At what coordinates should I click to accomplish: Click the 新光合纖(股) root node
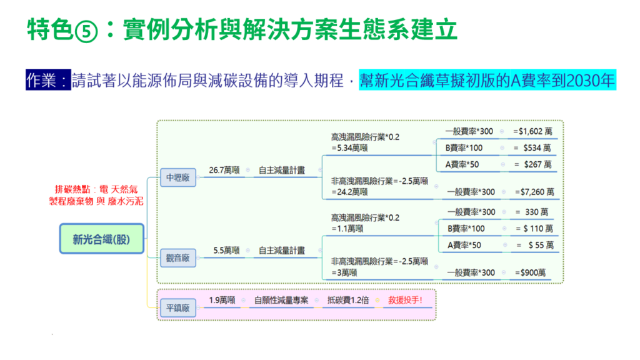point(102,239)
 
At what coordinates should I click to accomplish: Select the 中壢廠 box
point(178,177)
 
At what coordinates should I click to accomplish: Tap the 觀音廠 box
point(178,258)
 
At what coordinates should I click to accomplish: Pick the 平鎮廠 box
point(178,307)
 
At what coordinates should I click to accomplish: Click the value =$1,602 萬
point(532,131)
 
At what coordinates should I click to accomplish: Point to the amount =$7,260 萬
point(534,192)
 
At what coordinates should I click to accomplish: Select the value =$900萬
point(530,272)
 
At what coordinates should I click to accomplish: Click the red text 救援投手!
point(405,301)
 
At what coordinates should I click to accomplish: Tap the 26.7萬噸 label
point(224,170)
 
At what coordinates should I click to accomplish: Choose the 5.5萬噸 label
point(226,251)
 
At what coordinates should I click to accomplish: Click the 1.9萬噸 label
point(222,301)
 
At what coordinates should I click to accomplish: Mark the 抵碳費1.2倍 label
point(348,301)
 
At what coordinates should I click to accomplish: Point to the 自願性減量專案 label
point(281,301)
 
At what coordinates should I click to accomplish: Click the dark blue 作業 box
point(48,79)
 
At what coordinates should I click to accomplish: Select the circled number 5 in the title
point(86,31)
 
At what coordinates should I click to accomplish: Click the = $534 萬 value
point(532,148)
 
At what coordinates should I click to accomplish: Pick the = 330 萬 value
point(532,212)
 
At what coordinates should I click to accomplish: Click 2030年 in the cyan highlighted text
point(590,81)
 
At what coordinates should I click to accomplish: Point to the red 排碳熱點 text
point(72,189)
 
